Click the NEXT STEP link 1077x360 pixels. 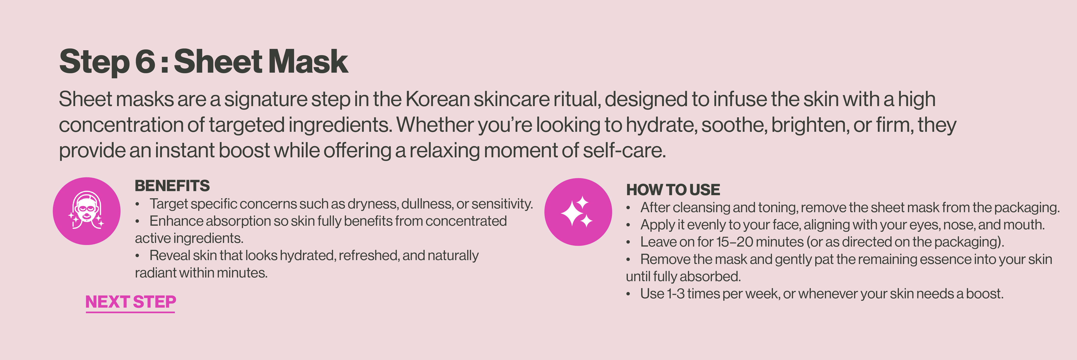pos(130,302)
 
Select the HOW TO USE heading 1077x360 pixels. pos(673,190)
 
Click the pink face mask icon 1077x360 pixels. pos(87,211)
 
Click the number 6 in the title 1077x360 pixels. pos(145,61)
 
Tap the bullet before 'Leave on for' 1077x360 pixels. pos(628,242)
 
